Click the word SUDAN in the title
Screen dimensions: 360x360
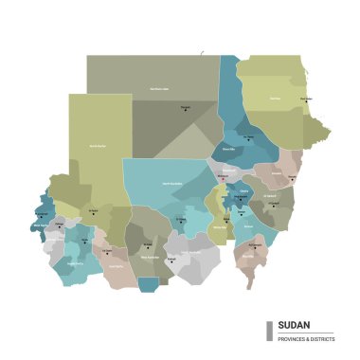294,324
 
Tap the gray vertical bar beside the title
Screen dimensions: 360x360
270,330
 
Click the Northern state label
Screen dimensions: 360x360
159,90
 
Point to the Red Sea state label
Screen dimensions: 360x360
275,98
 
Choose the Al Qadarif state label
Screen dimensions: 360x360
272,203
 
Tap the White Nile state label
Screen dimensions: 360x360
219,226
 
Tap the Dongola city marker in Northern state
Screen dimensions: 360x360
186,109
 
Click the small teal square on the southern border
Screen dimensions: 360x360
148,283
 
